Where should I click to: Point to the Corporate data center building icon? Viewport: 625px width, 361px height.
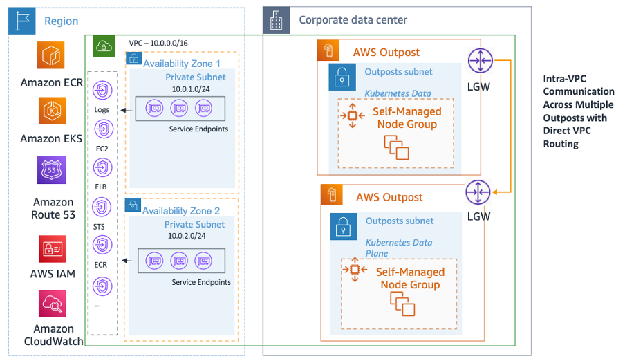point(276,21)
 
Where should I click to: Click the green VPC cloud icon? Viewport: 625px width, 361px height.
point(103,46)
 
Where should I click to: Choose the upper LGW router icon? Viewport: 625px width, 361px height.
point(479,61)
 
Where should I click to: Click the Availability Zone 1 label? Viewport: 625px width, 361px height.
point(182,64)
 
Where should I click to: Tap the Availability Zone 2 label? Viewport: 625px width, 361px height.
point(182,210)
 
